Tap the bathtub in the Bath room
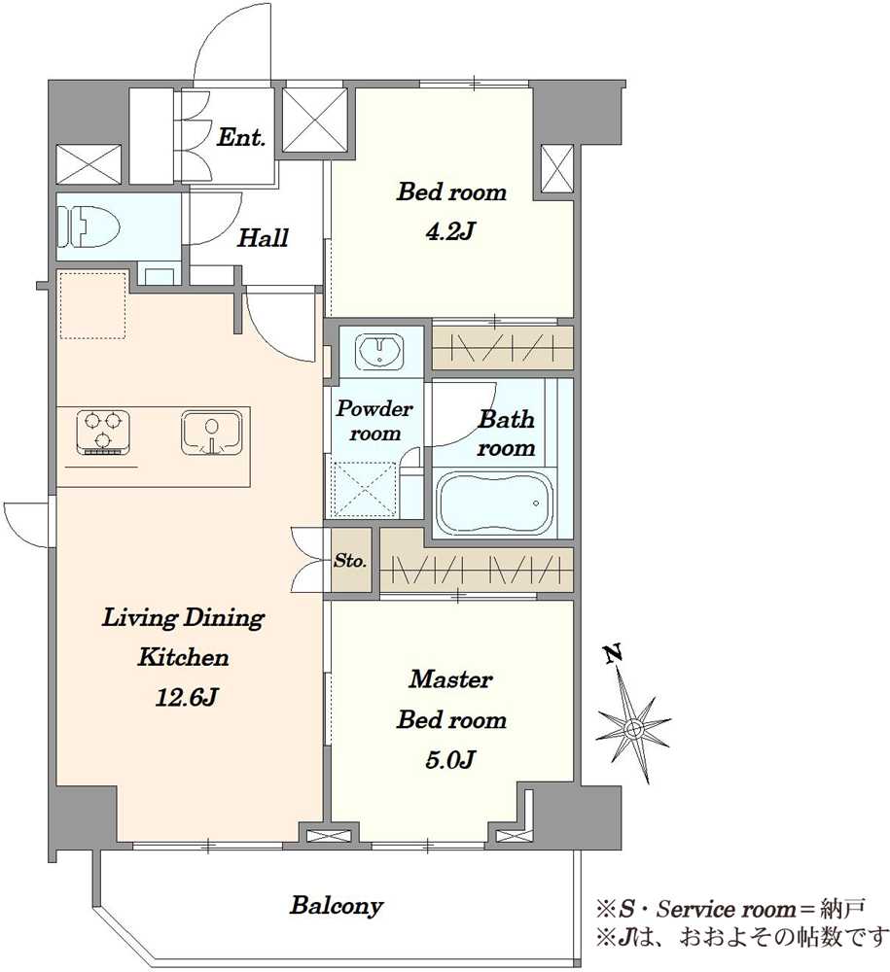pyautogui.click(x=495, y=503)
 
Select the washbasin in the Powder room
pyautogui.click(x=379, y=351)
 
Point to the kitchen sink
pyautogui.click(x=211, y=433)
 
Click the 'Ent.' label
pyautogui.click(x=240, y=137)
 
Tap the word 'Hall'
pyautogui.click(x=263, y=237)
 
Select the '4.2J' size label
pyautogui.click(x=450, y=232)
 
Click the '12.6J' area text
pyautogui.click(x=185, y=698)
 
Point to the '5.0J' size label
pyautogui.click(x=450, y=759)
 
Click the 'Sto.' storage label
pyautogui.click(x=350, y=561)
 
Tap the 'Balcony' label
pyautogui.click(x=337, y=906)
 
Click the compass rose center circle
pyautogui.click(x=633, y=728)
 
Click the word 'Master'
pyautogui.click(x=450, y=679)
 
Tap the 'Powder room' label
pyautogui.click(x=374, y=420)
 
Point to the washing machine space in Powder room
pyautogui.click(x=364, y=490)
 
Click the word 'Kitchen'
pyautogui.click(x=183, y=657)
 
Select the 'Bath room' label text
pyautogui.click(x=506, y=434)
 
